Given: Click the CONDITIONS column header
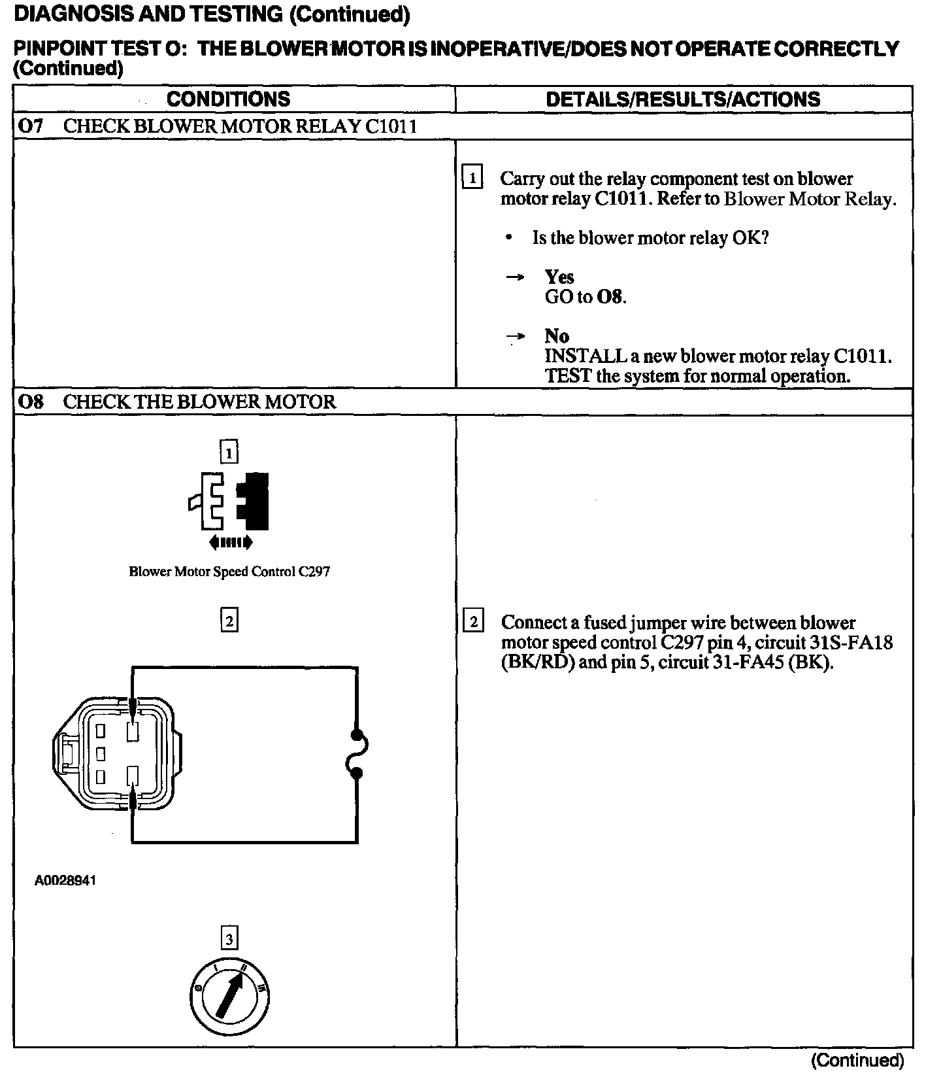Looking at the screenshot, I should click(x=228, y=99).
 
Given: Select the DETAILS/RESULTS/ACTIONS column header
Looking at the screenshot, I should click(x=683, y=99).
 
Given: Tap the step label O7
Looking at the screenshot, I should click(x=31, y=126).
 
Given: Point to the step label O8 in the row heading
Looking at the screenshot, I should click(x=31, y=402).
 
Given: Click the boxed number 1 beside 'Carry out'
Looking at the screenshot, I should click(x=472, y=178).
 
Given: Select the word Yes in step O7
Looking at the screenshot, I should click(x=559, y=277).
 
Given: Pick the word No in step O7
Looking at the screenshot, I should click(x=557, y=336).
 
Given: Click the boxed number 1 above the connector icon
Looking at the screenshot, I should click(x=229, y=452).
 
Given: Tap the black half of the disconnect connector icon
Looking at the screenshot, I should click(x=254, y=501).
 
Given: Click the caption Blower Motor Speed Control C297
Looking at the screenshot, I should click(x=229, y=572).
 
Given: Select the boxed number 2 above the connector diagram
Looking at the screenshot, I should click(x=229, y=620).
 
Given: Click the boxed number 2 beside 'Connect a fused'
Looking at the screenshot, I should click(x=473, y=621).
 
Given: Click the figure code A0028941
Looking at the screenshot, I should click(x=65, y=880).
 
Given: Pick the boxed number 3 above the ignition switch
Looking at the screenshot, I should click(x=229, y=939).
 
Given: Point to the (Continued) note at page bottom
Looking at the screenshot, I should click(x=857, y=1061).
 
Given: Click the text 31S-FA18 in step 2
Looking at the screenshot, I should click(x=855, y=642).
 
